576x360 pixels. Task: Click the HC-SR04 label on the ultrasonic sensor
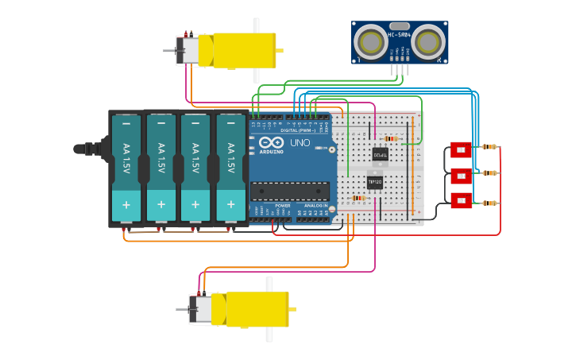[400, 34]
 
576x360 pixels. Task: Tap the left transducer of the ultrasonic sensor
[369, 41]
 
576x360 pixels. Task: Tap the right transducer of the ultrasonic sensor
[427, 41]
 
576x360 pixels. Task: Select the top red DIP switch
[461, 149]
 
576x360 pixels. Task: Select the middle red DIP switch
[461, 175]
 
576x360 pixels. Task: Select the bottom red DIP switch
[461, 200]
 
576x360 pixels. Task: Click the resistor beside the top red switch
[489, 146]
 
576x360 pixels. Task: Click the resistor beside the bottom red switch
[489, 203]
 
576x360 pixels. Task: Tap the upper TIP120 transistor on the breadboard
[381, 155]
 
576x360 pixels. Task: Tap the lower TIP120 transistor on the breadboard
[375, 182]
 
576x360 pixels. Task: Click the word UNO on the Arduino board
[300, 143]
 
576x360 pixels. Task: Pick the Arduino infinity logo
[266, 143]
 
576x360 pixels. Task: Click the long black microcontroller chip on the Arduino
[290, 191]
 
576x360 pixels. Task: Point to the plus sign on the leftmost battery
[126, 204]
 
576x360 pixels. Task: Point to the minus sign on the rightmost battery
[230, 123]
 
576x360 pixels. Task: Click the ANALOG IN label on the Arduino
[315, 205]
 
